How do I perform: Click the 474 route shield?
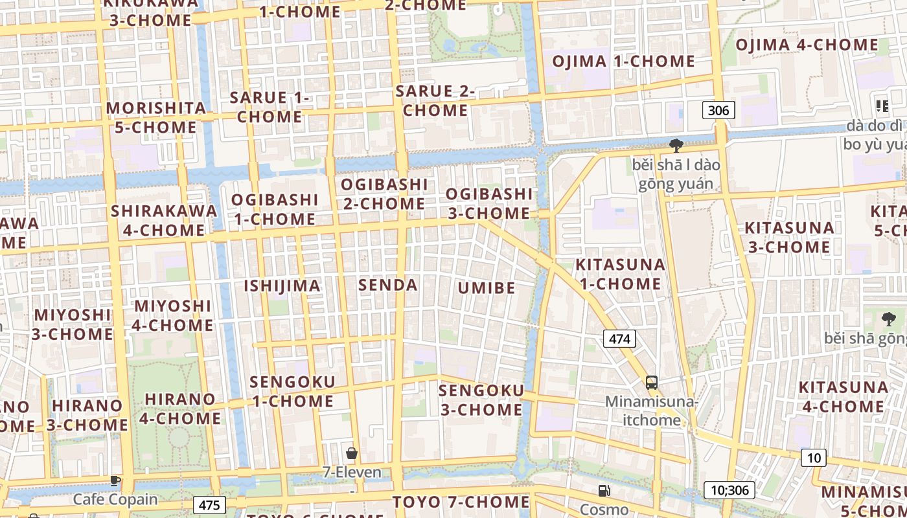click(619, 338)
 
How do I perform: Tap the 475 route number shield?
click(209, 505)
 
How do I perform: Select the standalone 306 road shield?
click(718, 110)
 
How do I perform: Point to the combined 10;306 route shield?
click(729, 490)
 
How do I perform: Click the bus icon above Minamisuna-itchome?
click(652, 382)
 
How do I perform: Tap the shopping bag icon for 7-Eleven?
click(352, 453)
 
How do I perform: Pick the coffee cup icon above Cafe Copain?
click(115, 480)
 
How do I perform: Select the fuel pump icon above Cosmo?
click(604, 491)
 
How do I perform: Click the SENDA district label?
click(388, 285)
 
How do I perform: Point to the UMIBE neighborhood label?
click(487, 288)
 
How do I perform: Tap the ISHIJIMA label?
click(282, 286)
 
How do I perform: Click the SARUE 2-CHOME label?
click(435, 100)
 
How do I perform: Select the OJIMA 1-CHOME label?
click(623, 62)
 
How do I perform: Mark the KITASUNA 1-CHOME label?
click(621, 274)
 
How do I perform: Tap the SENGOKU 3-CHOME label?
click(481, 400)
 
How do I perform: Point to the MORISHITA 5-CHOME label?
click(155, 117)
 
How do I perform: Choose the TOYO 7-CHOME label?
click(461, 502)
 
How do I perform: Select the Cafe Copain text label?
click(115, 499)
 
